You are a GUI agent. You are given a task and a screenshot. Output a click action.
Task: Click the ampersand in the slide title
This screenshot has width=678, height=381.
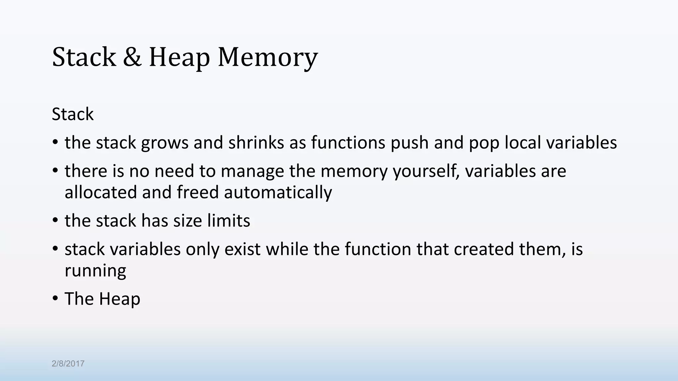[132, 57]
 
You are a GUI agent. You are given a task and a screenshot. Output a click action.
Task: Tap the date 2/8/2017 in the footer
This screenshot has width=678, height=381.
[68, 364]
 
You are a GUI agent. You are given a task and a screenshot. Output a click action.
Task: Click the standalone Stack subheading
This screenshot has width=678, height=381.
[73, 114]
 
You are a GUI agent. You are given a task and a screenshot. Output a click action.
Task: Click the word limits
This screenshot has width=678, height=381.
[229, 221]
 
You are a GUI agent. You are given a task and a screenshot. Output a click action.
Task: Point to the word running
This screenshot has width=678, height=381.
[95, 271]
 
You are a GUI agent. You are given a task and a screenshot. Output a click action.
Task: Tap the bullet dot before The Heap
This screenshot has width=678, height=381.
[55, 299]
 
